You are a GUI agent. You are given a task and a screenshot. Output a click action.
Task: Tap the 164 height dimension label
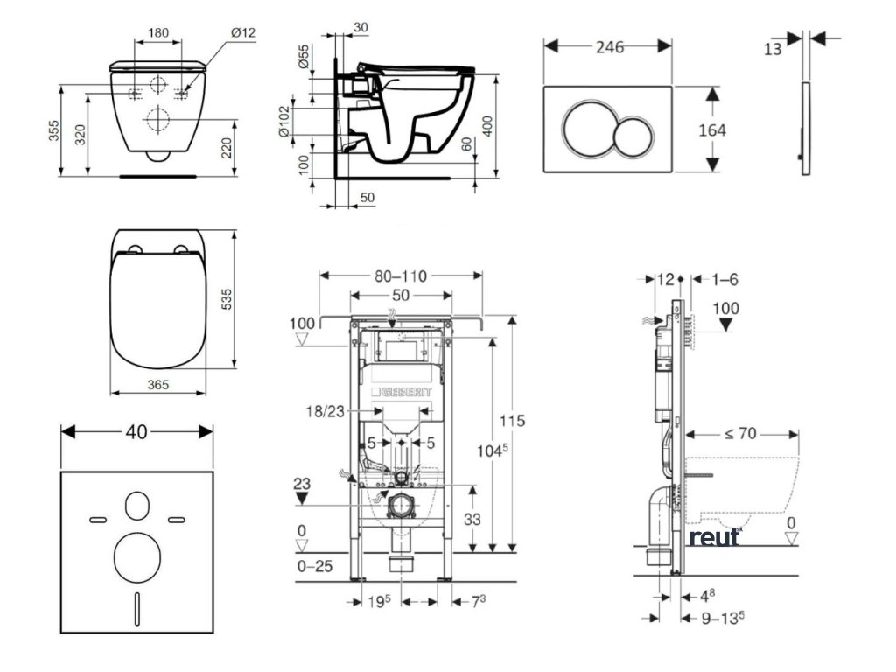coord(713,129)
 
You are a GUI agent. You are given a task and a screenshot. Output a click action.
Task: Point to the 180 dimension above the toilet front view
coord(158,33)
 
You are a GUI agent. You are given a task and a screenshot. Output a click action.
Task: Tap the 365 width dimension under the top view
coord(157,385)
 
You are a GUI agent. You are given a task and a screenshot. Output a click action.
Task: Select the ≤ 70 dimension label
coord(742,432)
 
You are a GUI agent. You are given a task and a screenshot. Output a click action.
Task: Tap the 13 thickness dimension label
coord(773,49)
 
